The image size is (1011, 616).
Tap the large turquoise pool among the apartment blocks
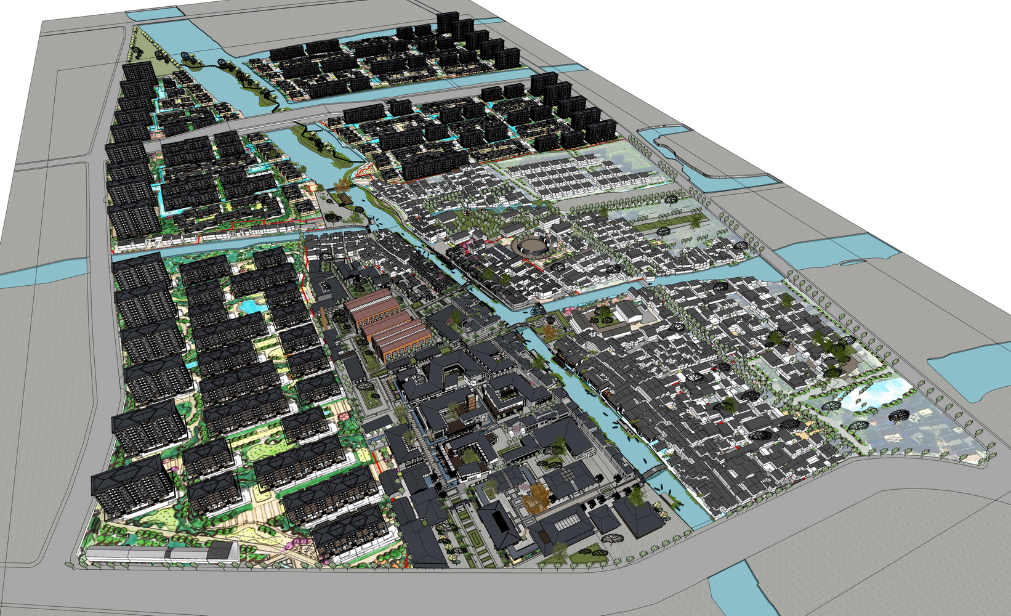251,305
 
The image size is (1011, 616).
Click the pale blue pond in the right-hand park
874,394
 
